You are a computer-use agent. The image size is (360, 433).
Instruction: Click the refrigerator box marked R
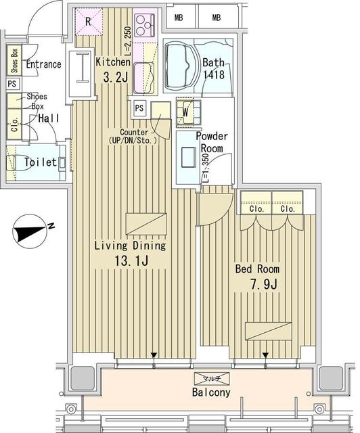pos(89,21)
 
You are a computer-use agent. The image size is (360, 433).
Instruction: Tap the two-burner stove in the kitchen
pos(144,26)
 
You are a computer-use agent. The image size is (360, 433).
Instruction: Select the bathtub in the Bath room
pos(181,65)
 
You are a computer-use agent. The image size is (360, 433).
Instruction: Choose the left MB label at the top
pos(179,18)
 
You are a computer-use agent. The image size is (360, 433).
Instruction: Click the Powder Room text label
pos(212,142)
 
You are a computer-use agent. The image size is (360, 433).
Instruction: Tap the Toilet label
pos(39,163)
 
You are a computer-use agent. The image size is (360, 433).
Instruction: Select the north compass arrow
pos(28,233)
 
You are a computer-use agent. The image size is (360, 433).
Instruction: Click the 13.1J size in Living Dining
pos(131,259)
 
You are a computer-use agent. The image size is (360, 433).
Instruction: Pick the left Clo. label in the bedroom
pos(256,209)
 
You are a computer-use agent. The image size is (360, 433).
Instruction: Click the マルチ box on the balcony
pos(212,379)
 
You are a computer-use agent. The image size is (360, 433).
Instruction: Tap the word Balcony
pos(212,392)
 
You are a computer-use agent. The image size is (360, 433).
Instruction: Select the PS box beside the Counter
pos(139,108)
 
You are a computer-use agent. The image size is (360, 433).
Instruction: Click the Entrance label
pos(43,65)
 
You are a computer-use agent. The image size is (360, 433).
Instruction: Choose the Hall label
pos(48,118)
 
